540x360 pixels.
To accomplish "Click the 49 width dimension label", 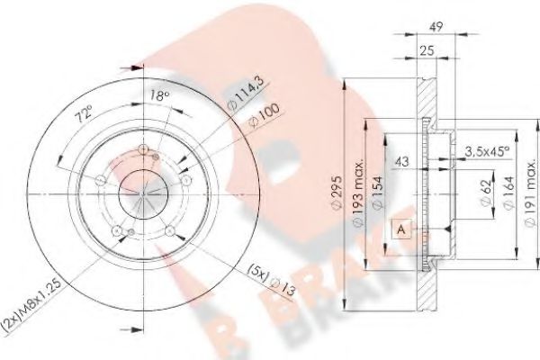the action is point(436,26).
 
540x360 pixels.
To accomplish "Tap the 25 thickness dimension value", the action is point(427,50).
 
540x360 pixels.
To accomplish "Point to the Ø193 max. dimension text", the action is point(358,193).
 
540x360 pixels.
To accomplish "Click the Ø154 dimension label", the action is point(378,193).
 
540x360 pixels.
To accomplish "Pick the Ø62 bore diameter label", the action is point(486,193).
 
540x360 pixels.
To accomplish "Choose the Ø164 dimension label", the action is point(508,193).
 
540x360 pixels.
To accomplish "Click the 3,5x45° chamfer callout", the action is point(487,151).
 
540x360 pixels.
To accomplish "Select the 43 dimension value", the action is point(401,161).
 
